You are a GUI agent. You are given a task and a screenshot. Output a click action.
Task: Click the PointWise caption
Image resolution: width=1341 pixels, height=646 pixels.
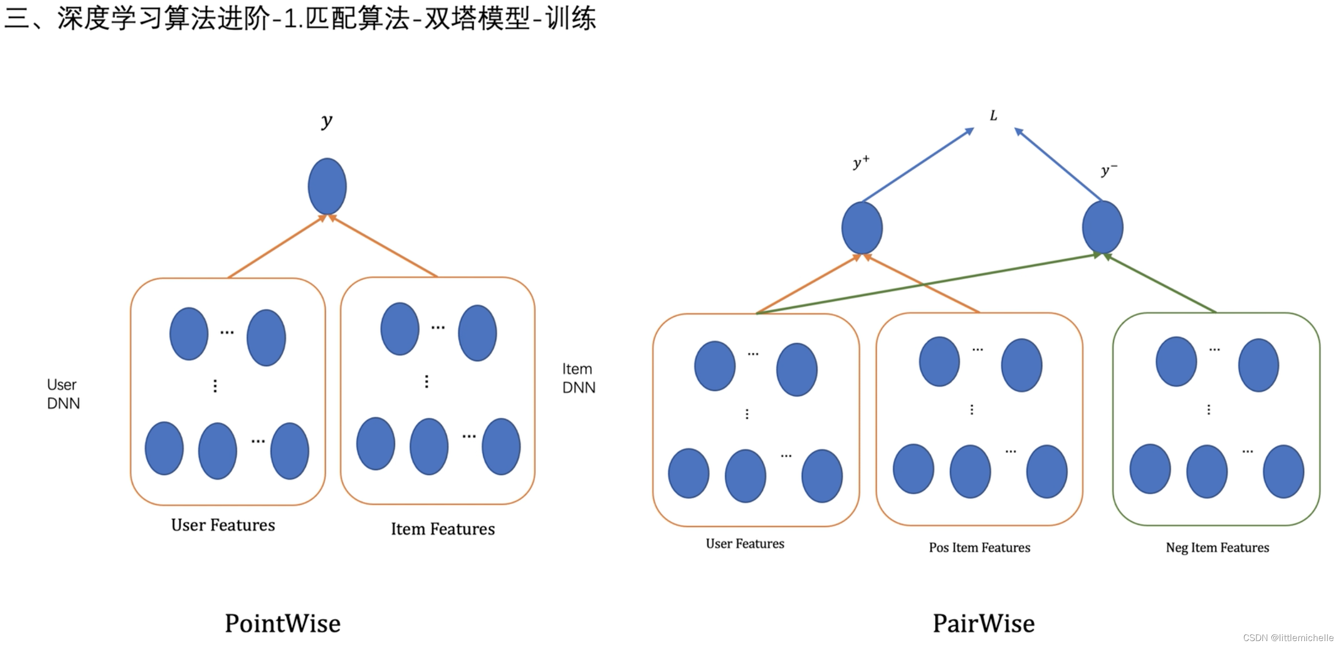[x=283, y=624]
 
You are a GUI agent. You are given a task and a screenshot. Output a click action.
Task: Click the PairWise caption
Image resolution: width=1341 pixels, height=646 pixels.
[x=983, y=624]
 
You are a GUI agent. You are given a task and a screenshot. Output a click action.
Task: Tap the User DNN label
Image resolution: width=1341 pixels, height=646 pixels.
[x=63, y=394]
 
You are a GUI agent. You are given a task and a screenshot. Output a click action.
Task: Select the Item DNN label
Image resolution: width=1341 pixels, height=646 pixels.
[x=579, y=378]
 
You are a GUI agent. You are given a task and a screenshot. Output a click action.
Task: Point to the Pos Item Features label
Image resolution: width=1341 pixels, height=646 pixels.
[x=979, y=548]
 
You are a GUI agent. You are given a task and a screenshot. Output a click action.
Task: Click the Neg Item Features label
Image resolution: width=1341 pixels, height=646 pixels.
[x=1217, y=548]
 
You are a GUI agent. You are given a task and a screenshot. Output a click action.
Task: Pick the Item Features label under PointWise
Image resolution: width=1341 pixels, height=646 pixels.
[x=443, y=529]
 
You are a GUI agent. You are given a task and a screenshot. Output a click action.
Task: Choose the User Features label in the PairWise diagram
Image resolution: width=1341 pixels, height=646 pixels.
[x=745, y=544]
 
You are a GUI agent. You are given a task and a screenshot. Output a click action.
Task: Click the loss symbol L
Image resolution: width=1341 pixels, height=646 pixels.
[x=993, y=116]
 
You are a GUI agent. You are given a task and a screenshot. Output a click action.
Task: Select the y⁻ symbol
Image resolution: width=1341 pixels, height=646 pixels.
[x=1108, y=170]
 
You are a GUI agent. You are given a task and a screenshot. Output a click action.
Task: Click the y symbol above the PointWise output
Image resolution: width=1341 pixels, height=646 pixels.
[x=327, y=121]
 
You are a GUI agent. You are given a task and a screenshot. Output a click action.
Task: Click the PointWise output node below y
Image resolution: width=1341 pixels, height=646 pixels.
[x=327, y=186]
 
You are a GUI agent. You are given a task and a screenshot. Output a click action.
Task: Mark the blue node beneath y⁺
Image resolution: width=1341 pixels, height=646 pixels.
[x=862, y=228]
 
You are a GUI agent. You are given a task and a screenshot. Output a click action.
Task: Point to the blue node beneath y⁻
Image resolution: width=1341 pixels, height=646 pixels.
[x=1102, y=228]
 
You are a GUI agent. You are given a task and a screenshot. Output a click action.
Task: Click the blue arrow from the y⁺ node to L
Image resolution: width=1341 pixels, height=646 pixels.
[x=917, y=165]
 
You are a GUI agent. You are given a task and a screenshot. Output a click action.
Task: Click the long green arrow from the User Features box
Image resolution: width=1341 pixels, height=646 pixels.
[x=926, y=284]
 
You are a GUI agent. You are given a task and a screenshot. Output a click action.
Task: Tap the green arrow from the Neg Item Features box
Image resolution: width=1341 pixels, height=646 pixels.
[x=1161, y=283]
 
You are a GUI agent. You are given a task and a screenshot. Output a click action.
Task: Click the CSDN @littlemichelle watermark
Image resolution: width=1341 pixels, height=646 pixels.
[x=1287, y=638]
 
